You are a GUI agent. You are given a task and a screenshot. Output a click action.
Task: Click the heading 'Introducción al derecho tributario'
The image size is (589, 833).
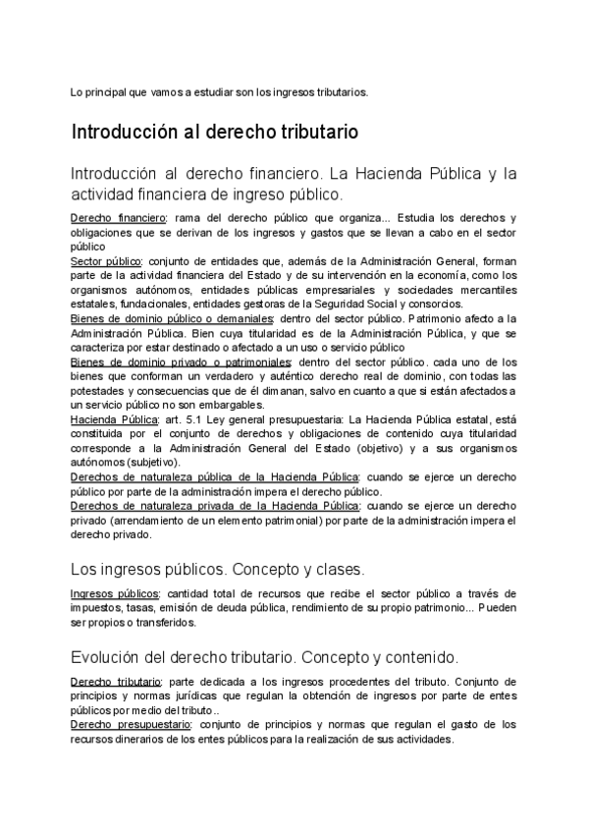coord(214,132)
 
